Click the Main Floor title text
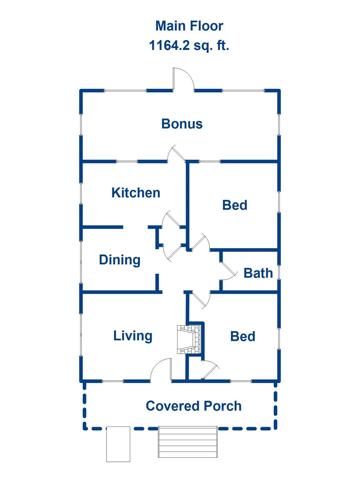[189, 26]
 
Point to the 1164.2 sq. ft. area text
[189, 45]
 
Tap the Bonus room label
[182, 124]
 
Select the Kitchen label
[136, 193]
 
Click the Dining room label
[120, 260]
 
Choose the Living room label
[133, 336]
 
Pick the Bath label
[258, 273]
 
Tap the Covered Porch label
[194, 406]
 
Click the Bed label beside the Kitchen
[235, 205]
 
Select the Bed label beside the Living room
[243, 336]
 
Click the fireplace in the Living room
[189, 339]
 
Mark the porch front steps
[188, 442]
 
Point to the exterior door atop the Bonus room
[183, 79]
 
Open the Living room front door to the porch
[161, 369]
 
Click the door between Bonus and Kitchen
[176, 154]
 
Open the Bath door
[228, 271]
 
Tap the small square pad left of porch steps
[118, 444]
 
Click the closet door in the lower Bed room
[210, 370]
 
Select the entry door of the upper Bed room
[201, 242]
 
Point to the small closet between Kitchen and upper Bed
[171, 237]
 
